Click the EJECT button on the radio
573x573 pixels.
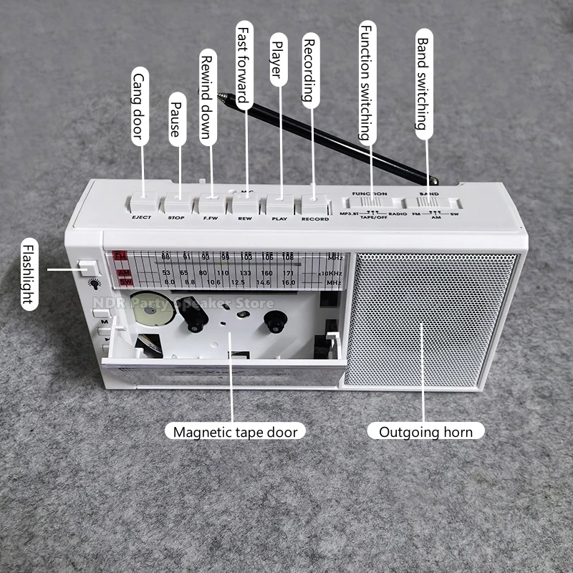pos(142,205)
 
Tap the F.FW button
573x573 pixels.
pos(211,205)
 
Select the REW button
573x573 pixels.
pos(244,204)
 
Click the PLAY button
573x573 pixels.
pos(279,203)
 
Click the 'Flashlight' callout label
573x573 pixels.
pos(27,272)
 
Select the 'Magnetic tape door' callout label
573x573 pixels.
pos(235,431)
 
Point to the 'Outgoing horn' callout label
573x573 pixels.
pos(425,431)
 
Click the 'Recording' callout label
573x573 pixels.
pos(311,71)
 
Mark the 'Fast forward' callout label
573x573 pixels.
pos(245,62)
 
